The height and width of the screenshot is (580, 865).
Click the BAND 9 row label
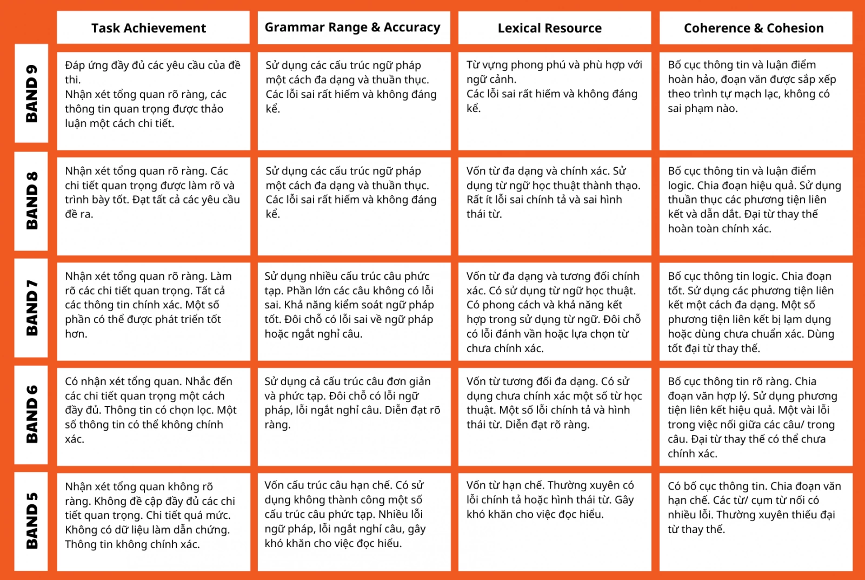(x=31, y=93)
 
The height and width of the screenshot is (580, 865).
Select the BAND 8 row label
(x=31, y=201)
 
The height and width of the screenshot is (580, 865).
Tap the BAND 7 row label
(x=31, y=308)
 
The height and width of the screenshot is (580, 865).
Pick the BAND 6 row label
(x=31, y=414)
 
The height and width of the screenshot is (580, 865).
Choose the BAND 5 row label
(x=31, y=521)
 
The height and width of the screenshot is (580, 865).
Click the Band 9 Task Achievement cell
(x=153, y=101)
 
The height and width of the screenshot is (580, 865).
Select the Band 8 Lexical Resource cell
(x=554, y=206)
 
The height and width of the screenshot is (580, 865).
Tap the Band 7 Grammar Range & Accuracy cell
(x=354, y=311)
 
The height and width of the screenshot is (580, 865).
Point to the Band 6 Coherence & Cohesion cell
(x=755, y=417)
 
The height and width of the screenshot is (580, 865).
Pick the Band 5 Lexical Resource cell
(x=554, y=522)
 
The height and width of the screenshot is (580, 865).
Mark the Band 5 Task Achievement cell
(x=153, y=522)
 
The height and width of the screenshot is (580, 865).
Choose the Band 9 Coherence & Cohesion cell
(x=755, y=101)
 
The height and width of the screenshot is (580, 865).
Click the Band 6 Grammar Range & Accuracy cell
(x=354, y=417)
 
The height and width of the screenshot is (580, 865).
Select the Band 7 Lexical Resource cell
(x=554, y=311)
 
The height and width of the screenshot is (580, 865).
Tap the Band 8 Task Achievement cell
(x=153, y=206)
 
